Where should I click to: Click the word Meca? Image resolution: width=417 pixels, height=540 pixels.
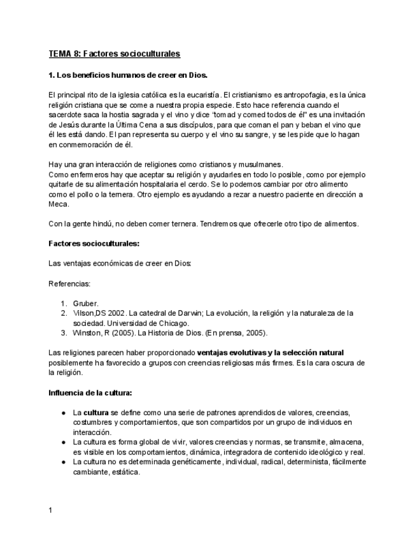[58, 205]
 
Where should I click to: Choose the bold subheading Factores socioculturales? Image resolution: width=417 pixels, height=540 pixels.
[94, 243]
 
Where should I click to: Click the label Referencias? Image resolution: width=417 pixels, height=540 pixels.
[69, 283]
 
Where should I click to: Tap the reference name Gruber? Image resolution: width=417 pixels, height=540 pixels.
[85, 303]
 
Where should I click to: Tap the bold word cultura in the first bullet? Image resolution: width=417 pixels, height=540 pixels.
[96, 412]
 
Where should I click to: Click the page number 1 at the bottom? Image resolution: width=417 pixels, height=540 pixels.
[50, 510]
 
